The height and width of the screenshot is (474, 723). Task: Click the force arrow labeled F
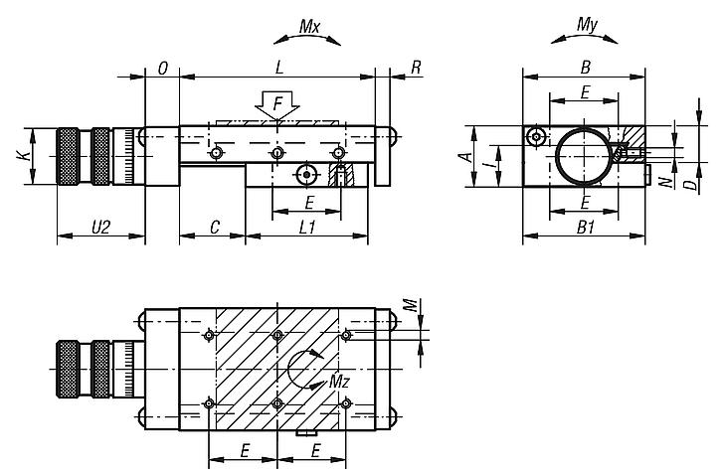click(277, 103)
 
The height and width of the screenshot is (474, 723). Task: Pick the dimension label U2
click(100, 227)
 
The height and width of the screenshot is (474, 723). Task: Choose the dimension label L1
click(308, 227)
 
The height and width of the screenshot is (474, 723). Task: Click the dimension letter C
click(213, 227)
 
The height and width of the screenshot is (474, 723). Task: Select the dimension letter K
click(19, 155)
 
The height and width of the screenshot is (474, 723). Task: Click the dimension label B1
click(586, 227)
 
